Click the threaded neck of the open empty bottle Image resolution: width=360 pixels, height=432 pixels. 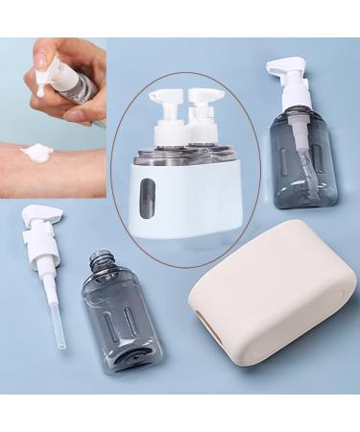(x=100, y=262)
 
